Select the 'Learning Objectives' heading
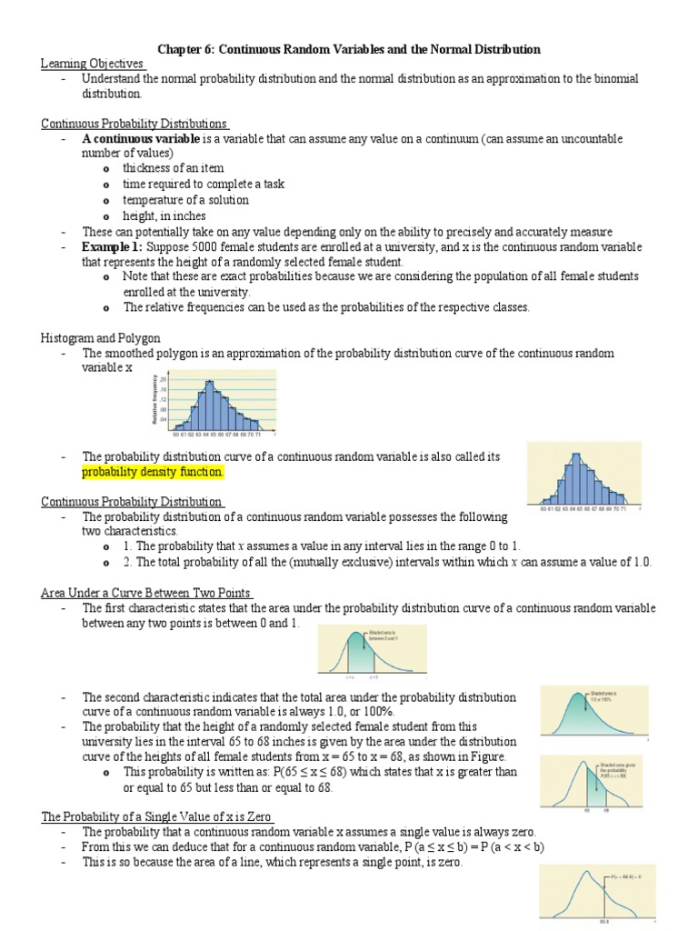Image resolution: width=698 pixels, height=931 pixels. pos(93,64)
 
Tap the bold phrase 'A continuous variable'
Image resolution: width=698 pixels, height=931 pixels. pos(141,138)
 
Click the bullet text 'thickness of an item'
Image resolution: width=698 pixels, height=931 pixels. pos(173,168)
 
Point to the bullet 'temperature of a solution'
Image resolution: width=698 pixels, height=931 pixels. pos(185,200)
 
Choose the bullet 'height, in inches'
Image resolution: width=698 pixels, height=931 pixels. pos(165,216)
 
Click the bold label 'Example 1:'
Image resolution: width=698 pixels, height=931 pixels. pos(112,247)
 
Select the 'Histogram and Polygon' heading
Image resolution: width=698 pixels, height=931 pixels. pos(100,337)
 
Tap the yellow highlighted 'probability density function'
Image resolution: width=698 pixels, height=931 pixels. pos(152,473)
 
